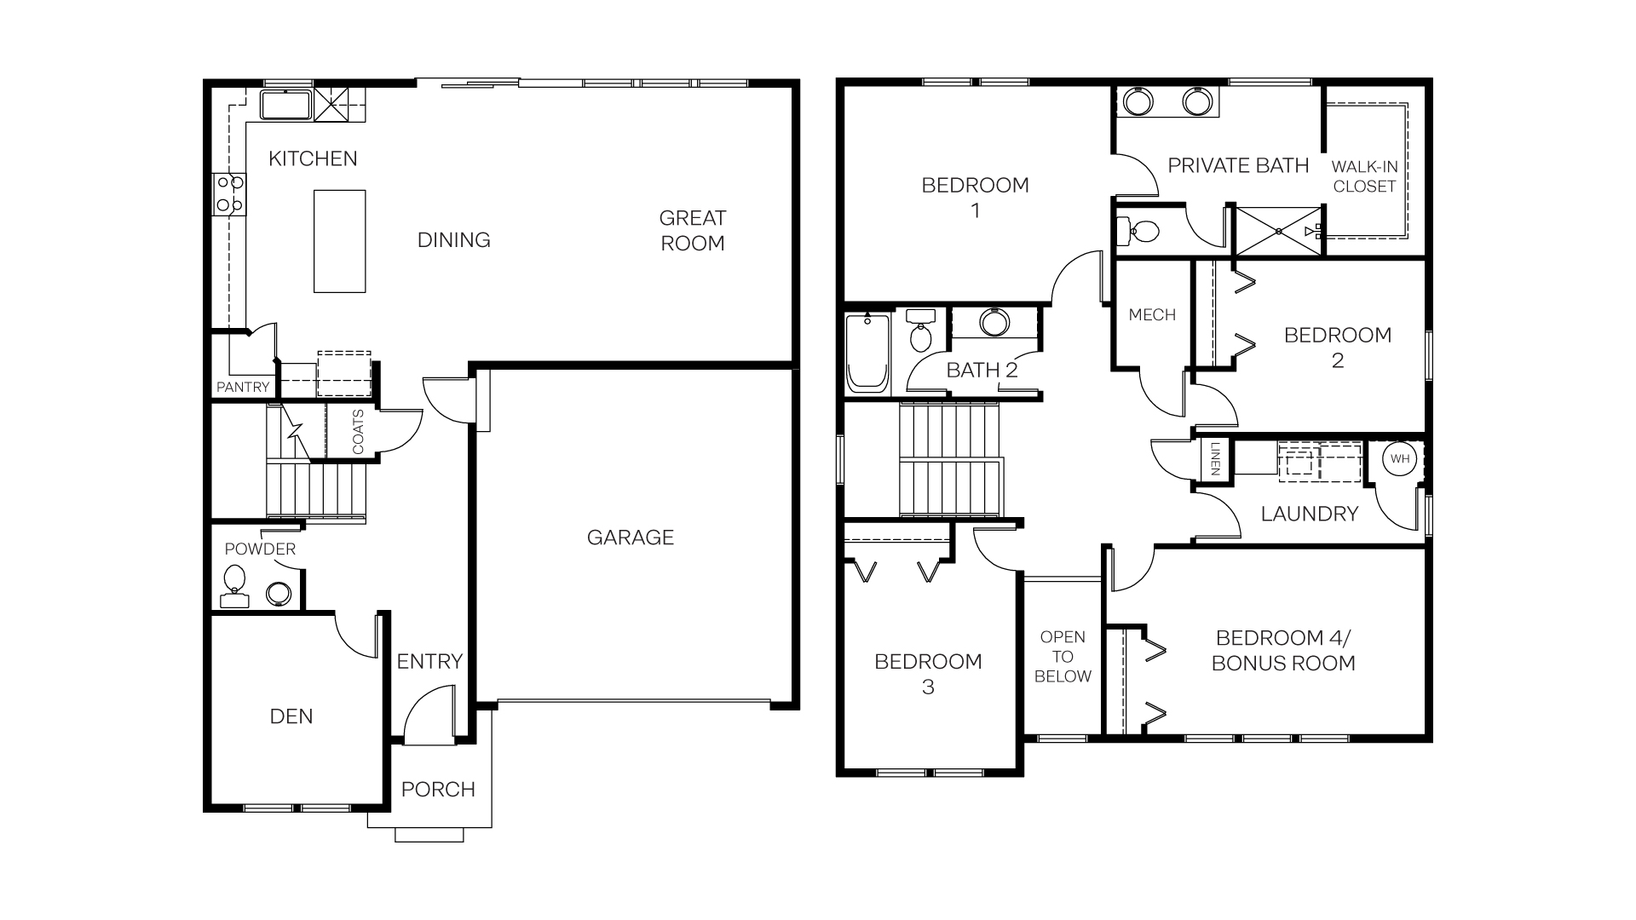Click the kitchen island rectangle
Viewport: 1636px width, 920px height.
coord(339,241)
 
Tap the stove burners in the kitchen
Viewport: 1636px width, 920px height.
coord(229,193)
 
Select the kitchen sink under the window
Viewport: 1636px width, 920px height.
coord(286,106)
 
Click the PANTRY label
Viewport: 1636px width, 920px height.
coord(243,387)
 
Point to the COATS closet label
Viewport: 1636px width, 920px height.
coord(358,432)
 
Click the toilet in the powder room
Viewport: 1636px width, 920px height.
coord(234,583)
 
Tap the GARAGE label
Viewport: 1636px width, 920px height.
coord(630,538)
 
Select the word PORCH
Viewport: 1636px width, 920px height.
coord(438,790)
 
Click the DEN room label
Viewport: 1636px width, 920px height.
coord(291,716)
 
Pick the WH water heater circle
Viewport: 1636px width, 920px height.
coord(1400,459)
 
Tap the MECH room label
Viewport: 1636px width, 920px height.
coord(1152,315)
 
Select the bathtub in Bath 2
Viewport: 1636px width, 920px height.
coord(867,353)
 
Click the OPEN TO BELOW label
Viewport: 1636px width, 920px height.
coord(1063,657)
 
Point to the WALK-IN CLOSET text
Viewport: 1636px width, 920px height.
coord(1364,176)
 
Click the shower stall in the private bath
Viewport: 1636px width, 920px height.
coord(1278,230)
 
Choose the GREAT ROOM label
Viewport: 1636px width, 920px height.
coord(692,230)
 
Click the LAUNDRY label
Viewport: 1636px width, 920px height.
coord(1309,514)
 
